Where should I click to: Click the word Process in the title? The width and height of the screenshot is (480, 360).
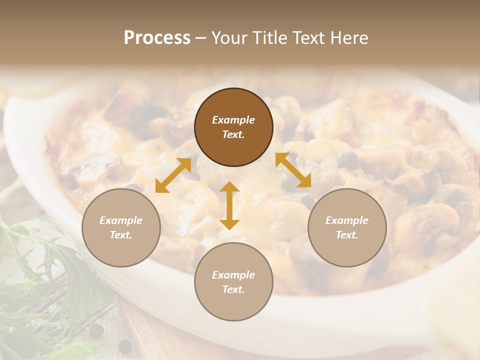(x=157, y=38)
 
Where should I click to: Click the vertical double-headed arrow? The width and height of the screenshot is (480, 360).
(x=229, y=205)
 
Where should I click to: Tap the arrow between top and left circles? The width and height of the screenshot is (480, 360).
(x=173, y=175)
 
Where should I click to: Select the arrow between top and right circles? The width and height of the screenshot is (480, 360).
(x=293, y=170)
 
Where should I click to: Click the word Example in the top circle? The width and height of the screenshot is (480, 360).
(x=233, y=120)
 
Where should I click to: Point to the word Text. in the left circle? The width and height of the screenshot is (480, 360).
(x=121, y=235)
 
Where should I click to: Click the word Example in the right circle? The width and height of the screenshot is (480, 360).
(x=347, y=220)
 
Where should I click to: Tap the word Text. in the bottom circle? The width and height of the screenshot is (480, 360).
(x=233, y=289)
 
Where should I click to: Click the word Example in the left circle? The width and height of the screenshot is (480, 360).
(x=121, y=220)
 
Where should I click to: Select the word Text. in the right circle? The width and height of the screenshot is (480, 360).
(x=347, y=235)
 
